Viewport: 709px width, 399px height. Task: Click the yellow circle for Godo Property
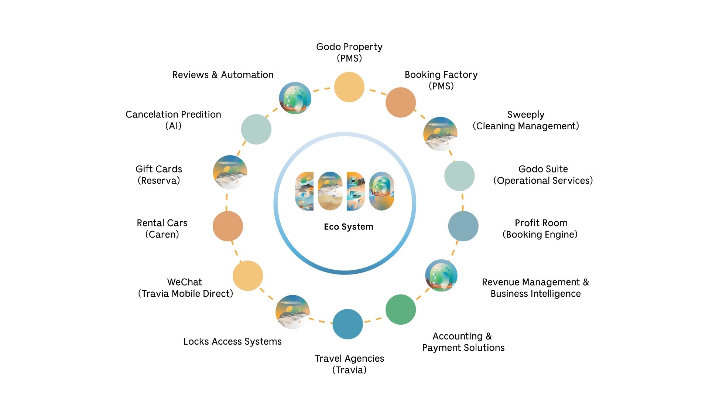pos(349,87)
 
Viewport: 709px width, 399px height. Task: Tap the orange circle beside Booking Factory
pos(401,102)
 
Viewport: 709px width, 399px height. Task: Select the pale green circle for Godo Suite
pos(459,176)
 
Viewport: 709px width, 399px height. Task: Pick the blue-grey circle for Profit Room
pos(463,226)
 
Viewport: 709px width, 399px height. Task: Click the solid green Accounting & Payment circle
pos(401,310)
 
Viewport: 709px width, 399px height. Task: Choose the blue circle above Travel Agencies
pos(347,324)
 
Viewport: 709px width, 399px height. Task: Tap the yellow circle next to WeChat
pos(248,276)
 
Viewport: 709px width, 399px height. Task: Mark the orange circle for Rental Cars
pos(228,226)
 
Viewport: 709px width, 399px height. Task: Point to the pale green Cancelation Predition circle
pos(256,129)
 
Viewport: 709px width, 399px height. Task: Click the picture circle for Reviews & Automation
pos(295,98)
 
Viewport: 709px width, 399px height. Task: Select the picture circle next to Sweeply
pos(440,134)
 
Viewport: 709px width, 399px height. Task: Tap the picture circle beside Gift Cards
pos(230,172)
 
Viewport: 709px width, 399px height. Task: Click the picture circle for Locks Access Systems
pos(292,312)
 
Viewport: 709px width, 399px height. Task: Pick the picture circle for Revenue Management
pos(441,276)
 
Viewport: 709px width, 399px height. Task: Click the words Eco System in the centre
pos(349,226)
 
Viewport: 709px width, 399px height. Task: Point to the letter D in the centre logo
pos(356,191)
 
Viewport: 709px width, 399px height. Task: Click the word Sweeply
pos(525,115)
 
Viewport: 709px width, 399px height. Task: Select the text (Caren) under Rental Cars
pos(162,235)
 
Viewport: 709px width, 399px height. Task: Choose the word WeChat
pos(184,282)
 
